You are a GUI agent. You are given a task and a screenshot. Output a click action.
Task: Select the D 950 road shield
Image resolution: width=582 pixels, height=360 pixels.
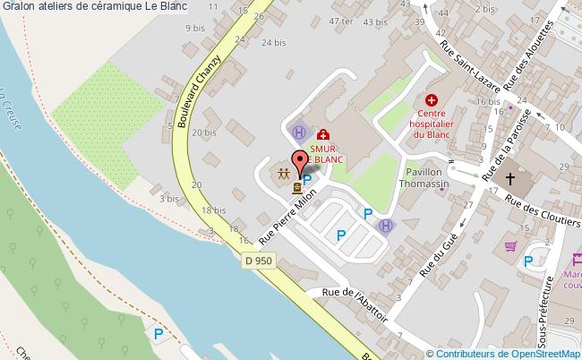(x=258, y=260)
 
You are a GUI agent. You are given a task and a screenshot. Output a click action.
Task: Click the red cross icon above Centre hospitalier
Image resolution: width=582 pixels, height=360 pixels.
(x=432, y=102)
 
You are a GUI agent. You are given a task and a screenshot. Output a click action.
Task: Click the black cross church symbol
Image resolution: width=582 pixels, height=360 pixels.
(x=511, y=178)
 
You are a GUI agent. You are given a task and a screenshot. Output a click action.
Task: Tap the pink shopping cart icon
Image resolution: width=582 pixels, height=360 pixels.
(x=511, y=245)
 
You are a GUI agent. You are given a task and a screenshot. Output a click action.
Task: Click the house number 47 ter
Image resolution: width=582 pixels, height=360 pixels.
(x=341, y=21)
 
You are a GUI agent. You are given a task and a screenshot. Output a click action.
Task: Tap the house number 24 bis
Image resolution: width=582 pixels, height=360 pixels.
(x=274, y=42)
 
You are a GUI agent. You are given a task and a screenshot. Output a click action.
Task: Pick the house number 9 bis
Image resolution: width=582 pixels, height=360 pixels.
(x=194, y=28)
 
